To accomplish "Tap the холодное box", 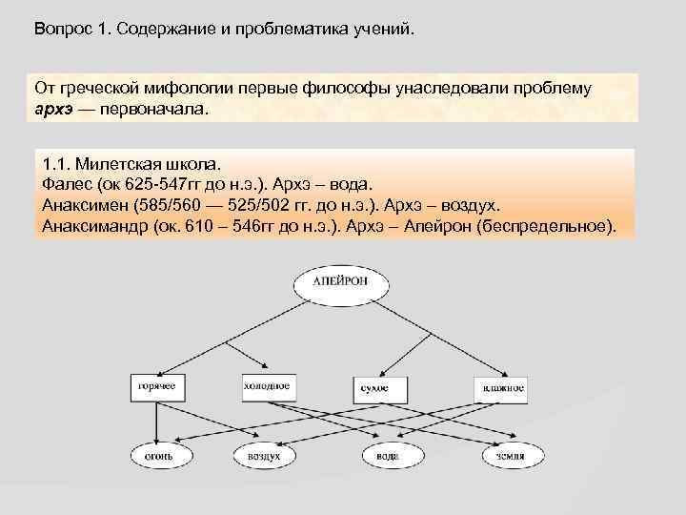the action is click(x=267, y=388).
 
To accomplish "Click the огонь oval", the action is click(x=159, y=457).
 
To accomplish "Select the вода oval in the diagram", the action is click(x=386, y=457).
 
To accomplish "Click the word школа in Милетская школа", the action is click(x=190, y=161).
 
